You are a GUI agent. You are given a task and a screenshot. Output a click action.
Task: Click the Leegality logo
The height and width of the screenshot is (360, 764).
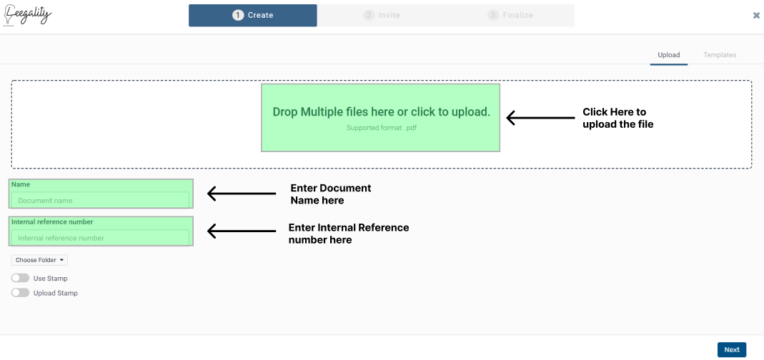27,14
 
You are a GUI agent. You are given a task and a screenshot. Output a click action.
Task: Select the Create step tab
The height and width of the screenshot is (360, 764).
253,15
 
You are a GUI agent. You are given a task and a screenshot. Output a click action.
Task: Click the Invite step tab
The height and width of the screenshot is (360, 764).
382,15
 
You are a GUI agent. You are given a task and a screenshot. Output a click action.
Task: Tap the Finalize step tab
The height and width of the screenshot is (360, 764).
510,15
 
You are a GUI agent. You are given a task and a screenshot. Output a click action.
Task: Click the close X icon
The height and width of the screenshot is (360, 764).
756,15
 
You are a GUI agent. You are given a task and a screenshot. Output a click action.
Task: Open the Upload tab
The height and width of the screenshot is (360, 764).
668,55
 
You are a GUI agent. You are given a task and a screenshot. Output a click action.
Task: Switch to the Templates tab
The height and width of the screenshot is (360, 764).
720,55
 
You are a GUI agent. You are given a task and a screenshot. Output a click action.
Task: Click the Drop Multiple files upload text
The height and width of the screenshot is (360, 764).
381,111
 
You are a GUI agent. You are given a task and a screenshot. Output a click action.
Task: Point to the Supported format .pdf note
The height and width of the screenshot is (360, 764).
382,128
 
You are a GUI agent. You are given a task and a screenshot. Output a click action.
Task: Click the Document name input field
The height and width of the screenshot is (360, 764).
100,200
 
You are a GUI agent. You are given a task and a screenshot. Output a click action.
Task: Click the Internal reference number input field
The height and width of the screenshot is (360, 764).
100,238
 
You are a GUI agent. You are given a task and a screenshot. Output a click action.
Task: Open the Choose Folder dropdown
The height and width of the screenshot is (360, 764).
39,260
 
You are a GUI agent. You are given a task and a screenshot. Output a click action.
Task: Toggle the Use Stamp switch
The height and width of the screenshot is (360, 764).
21,278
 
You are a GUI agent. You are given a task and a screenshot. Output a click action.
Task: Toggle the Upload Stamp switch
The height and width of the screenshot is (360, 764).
21,293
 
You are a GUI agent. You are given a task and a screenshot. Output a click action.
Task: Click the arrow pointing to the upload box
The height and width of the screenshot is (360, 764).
541,118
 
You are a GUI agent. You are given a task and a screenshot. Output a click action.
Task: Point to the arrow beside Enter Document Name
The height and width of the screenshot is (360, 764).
242,194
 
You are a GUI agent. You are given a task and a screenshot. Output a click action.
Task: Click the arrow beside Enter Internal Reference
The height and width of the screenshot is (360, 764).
242,231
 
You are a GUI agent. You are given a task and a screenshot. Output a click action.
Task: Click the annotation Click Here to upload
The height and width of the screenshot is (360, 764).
617,118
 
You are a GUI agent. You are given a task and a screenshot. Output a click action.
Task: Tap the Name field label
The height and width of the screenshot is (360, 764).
21,184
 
